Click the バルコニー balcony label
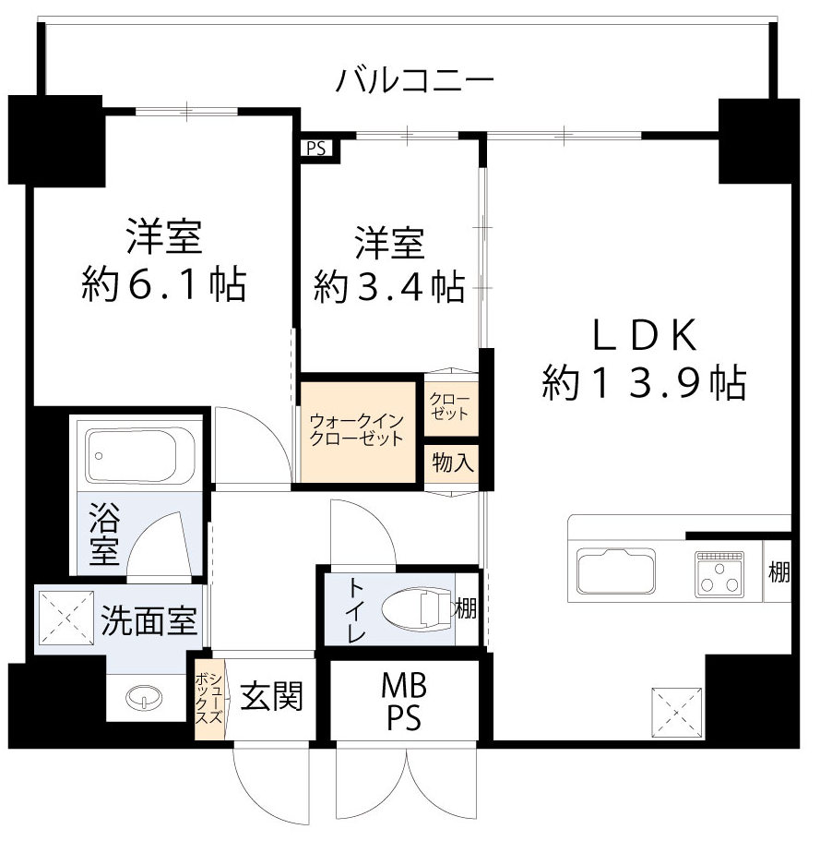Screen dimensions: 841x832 414,81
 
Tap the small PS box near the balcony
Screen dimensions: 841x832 316,147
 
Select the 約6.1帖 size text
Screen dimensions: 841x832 163,285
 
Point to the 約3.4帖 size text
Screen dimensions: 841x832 388,287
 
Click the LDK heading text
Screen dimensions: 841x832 643,337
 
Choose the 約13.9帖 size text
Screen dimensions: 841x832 643,383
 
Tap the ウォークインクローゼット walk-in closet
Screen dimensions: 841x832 357,429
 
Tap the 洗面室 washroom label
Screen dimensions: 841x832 149,621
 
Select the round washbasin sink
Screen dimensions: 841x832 141,697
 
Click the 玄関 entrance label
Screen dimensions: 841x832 271,695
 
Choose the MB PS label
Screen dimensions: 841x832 403,701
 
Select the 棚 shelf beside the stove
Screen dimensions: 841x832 779,571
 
